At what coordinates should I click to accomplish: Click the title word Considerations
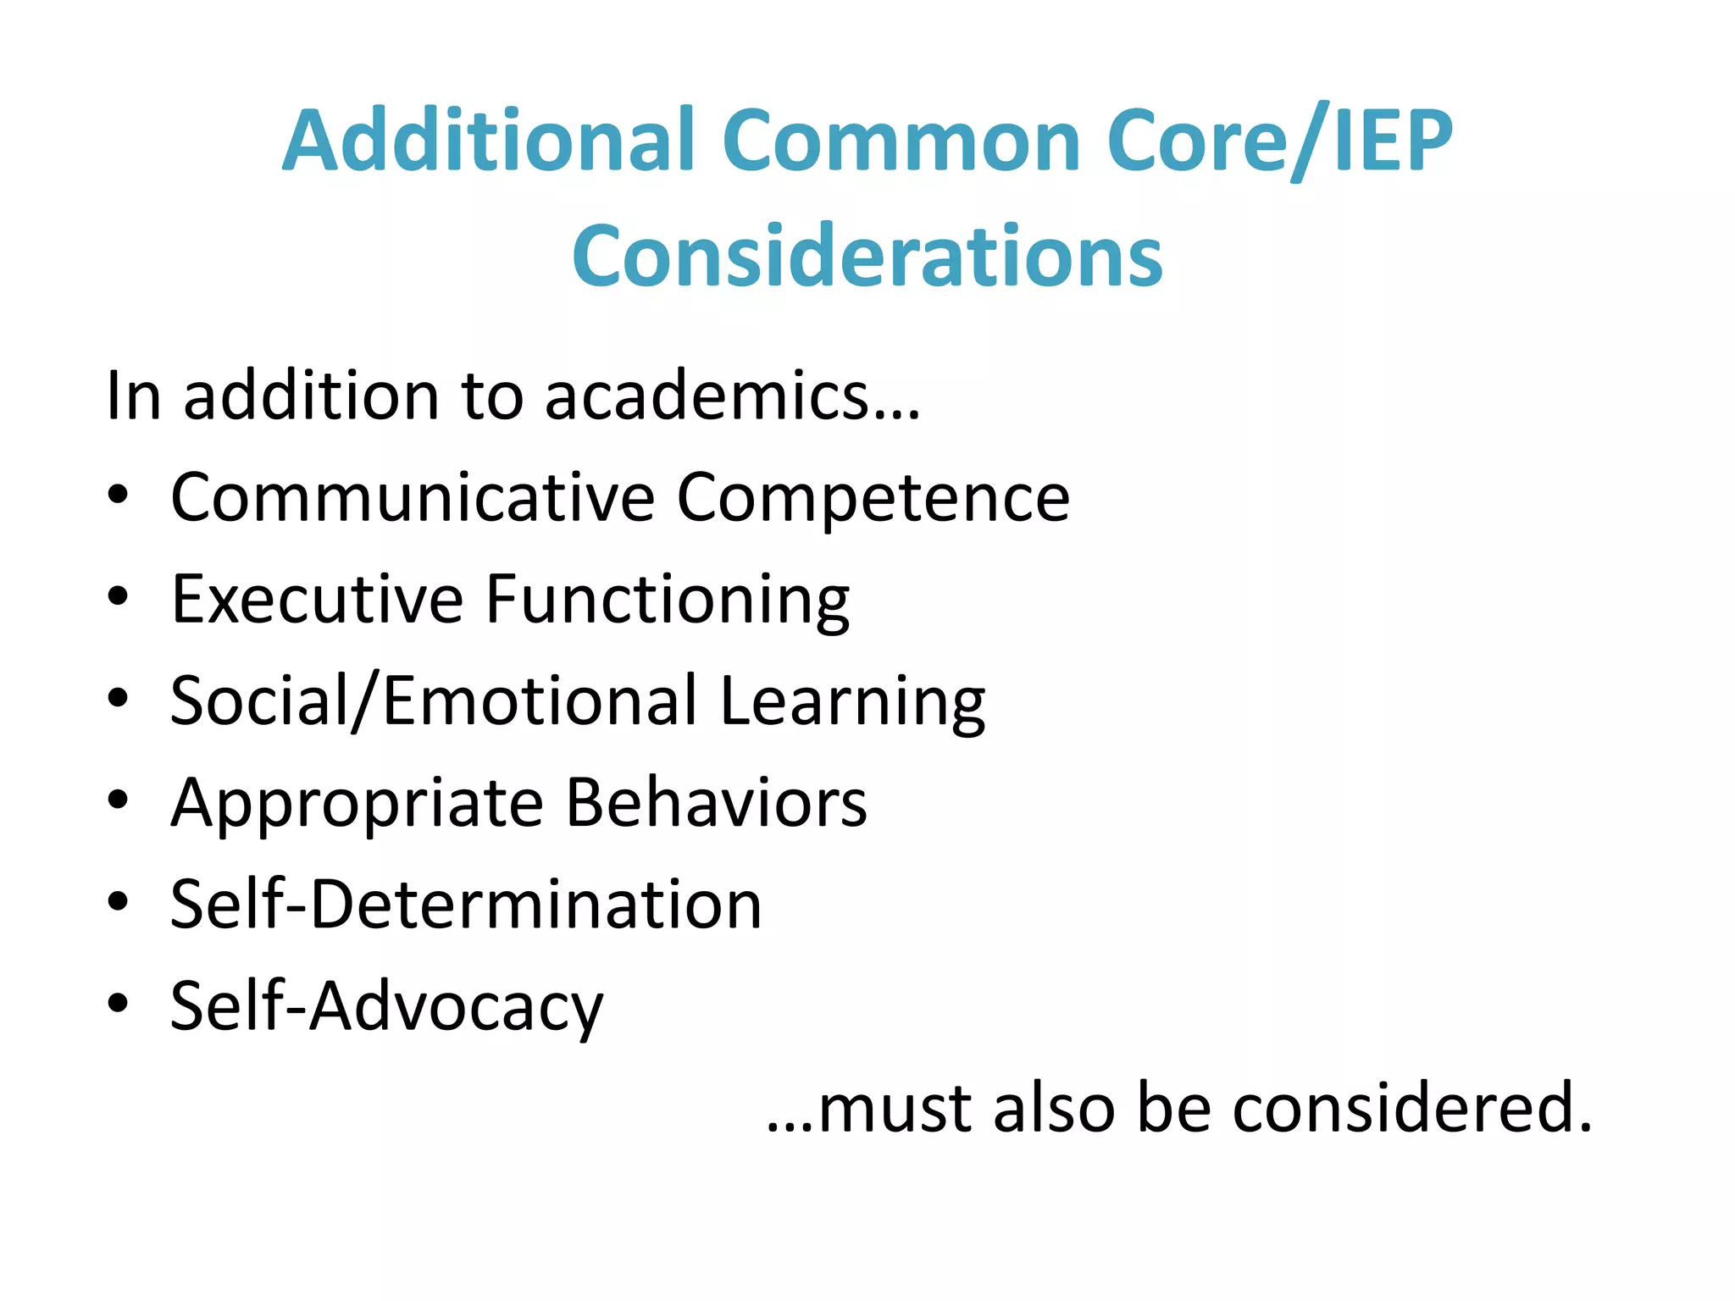coord(867,256)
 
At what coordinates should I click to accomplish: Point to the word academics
coord(732,396)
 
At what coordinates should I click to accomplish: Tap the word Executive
coord(317,600)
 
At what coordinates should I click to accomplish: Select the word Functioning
coord(668,600)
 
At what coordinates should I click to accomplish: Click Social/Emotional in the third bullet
coord(434,701)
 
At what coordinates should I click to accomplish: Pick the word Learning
coord(852,701)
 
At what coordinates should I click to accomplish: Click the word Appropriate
coord(357,803)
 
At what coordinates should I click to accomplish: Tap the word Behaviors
coord(716,803)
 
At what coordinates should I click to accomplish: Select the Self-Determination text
coord(466,905)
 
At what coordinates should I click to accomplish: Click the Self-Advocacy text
coord(387,1006)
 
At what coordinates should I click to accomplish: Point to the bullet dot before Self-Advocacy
coord(118,1004)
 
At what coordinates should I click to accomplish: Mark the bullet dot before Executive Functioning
coord(118,596)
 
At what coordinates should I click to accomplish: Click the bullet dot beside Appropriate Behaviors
coord(118,800)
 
